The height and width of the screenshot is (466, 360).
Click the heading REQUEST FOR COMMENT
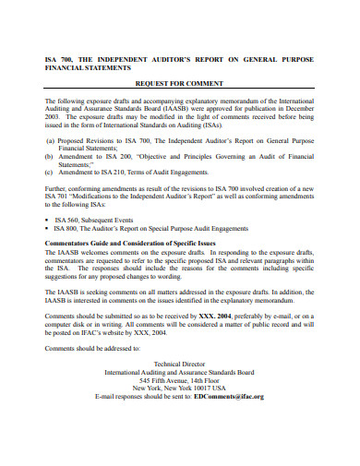click(x=181, y=81)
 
